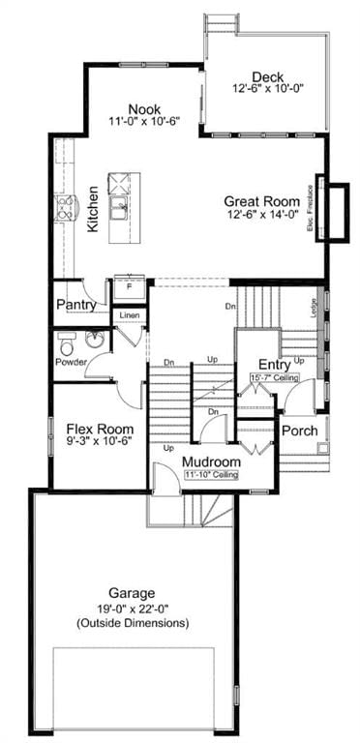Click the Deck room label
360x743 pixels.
point(266,77)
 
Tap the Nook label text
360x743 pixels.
point(147,110)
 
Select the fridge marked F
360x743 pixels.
point(129,287)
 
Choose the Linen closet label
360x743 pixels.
point(129,315)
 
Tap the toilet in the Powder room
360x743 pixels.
point(68,343)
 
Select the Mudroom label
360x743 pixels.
point(212,461)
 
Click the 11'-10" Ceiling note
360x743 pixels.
point(212,475)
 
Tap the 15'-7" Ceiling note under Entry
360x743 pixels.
point(275,376)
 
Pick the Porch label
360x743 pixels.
point(300,430)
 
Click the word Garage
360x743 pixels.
point(133,592)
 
